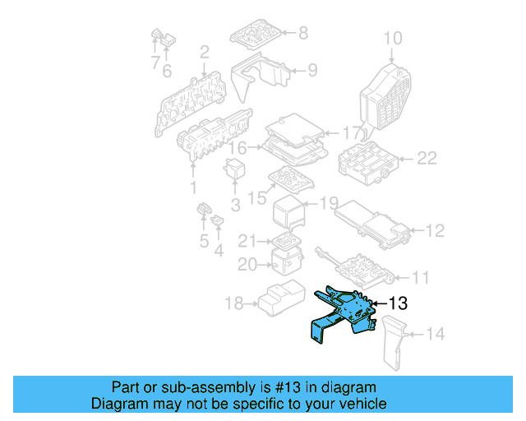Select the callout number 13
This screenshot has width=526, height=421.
(x=398, y=304)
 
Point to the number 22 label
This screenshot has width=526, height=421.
(x=427, y=159)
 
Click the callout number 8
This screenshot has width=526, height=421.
(x=302, y=33)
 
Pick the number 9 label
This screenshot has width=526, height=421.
(x=311, y=71)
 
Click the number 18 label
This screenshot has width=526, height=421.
(x=234, y=304)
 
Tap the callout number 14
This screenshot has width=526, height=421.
(x=436, y=334)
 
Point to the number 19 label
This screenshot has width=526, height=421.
(x=328, y=202)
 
